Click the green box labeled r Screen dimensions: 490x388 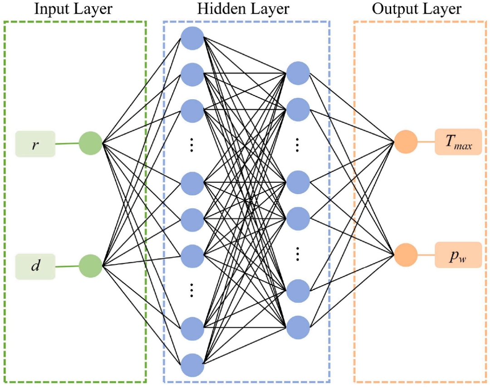(35, 144)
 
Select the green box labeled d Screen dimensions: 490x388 (35, 267)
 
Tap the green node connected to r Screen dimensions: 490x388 (91, 143)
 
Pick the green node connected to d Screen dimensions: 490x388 (91, 266)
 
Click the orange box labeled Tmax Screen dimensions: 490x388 (458, 142)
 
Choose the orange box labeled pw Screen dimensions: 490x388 (458, 255)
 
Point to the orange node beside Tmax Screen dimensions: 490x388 (406, 142)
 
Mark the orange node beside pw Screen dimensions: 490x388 (406, 255)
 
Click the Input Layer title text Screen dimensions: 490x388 (73, 9)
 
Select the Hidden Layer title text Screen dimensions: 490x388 (243, 9)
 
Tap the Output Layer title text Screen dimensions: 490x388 (416, 9)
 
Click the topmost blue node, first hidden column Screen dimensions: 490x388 (192, 39)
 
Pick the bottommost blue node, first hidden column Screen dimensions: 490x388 (192, 365)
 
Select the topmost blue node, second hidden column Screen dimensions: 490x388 (298, 73)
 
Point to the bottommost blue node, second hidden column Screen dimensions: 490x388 (298, 327)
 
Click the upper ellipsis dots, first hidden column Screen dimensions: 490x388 (191, 145)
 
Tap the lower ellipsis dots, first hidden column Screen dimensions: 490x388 (191, 290)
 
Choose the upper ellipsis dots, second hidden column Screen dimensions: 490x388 (297, 145)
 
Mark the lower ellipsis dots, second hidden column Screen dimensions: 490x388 (297, 254)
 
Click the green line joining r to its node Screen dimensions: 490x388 (67, 144)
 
